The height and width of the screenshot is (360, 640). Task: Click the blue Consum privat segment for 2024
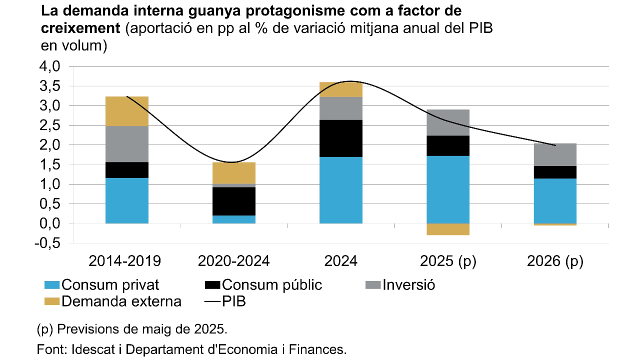coord(340,190)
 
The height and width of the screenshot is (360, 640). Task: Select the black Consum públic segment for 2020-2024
coord(234,201)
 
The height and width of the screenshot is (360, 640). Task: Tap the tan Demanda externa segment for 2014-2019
coord(127,111)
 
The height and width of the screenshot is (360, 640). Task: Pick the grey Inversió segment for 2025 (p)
coord(448,122)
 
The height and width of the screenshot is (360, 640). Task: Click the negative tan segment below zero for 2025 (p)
coord(448,229)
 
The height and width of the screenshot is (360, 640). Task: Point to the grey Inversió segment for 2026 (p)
coord(555,154)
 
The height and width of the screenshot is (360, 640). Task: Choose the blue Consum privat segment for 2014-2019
coord(127,200)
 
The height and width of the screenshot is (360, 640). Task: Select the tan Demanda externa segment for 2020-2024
coord(234,173)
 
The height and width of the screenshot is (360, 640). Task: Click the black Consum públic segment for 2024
coord(340,138)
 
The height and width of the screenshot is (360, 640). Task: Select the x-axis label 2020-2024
coord(233,261)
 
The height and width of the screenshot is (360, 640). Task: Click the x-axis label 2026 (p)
coord(555,261)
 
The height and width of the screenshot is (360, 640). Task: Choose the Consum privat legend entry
coord(102,285)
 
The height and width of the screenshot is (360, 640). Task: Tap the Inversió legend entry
coord(400,285)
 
